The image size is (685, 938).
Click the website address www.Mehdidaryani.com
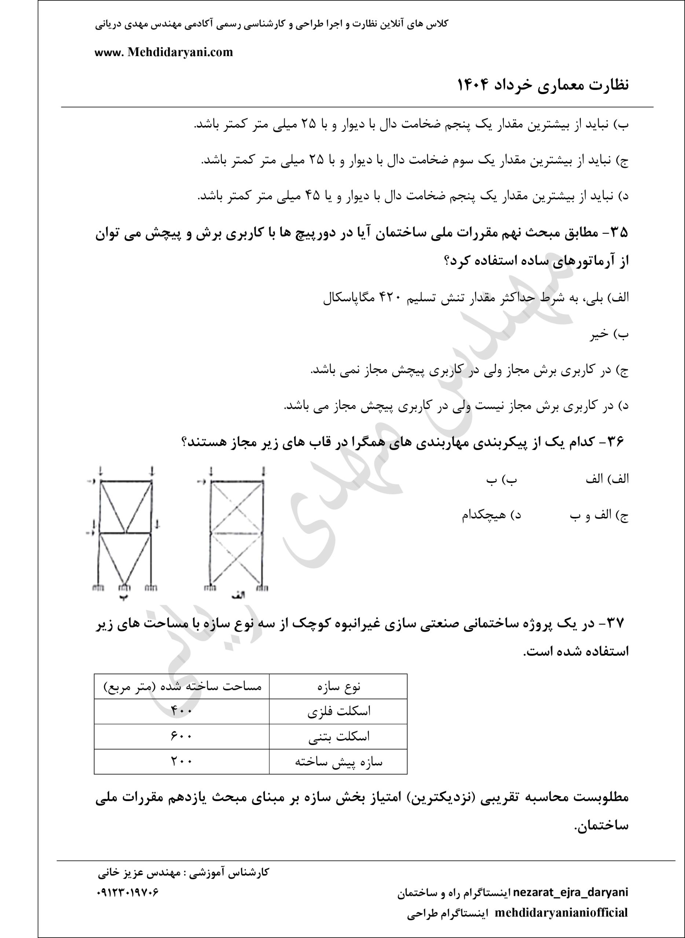pos(164,53)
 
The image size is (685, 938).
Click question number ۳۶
pos(615,442)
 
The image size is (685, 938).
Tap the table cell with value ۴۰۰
pos(181,711)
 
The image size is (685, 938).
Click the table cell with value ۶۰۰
pos(181,736)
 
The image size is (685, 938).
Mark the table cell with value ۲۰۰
pos(181,761)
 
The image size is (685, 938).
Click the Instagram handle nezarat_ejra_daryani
pos(571,892)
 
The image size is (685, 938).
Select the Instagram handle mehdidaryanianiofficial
pos(561,912)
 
